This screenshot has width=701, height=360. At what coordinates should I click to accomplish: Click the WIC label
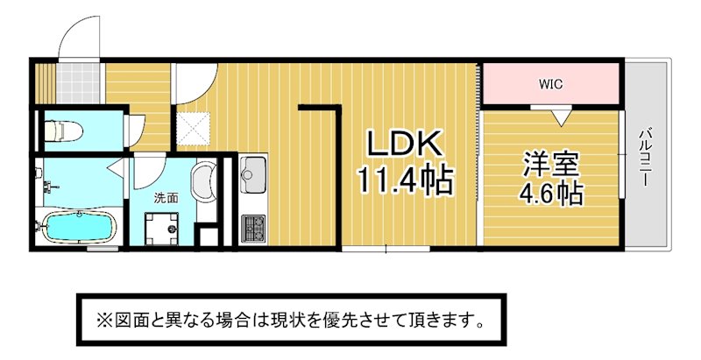coord(550,84)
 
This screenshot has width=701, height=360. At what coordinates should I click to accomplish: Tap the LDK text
coord(405,144)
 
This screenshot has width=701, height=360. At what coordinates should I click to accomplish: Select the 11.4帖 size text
coord(405,180)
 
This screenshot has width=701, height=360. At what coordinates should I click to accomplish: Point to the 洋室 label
coord(552,165)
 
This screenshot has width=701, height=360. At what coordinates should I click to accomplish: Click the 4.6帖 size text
coord(551,193)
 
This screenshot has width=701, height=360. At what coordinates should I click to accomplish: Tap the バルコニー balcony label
coord(644,157)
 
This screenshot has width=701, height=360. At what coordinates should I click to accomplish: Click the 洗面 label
coord(166,198)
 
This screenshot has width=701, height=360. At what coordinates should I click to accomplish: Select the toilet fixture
coord(63,131)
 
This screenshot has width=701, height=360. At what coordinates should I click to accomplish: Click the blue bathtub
coord(79,227)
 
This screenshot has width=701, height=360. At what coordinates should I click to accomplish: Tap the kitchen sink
coord(253,175)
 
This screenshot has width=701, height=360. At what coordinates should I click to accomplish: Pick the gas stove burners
coord(253,229)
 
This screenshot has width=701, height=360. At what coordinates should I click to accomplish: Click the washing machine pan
coord(161,229)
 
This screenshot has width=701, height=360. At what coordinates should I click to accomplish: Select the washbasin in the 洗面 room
coord(204,182)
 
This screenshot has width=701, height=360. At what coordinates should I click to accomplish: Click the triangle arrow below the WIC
coord(561,117)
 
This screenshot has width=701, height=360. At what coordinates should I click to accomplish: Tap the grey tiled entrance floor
coord(77,83)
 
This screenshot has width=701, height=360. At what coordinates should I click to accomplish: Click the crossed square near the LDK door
coord(193,129)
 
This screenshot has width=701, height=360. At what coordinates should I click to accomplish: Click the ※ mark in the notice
coord(103,321)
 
